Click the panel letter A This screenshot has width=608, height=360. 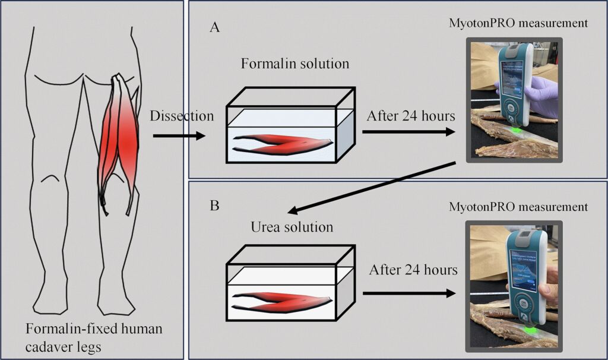point(214,27)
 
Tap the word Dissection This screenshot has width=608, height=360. point(182,116)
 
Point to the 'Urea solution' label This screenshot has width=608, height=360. point(292,227)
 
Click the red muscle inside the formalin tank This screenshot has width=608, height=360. point(283,143)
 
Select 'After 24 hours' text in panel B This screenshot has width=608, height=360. point(413,270)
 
